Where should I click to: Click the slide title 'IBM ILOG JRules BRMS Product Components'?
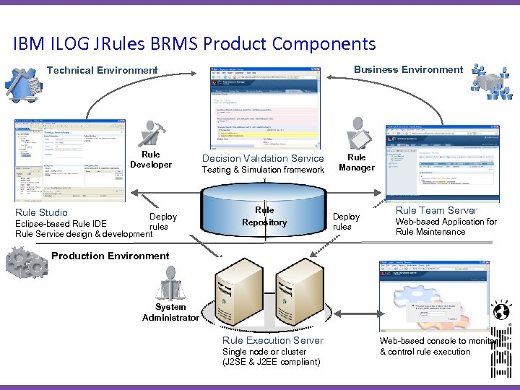pyautogui.click(x=194, y=43)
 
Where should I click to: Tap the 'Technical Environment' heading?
pyautogui.click(x=102, y=70)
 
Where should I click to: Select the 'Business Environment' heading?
pyautogui.click(x=408, y=69)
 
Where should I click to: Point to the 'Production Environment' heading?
pyautogui.click(x=110, y=256)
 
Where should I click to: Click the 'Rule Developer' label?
pyautogui.click(x=151, y=160)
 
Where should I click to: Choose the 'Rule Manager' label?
pyautogui.click(x=357, y=162)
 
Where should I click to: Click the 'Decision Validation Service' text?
pyautogui.click(x=263, y=158)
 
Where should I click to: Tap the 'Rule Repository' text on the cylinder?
pyautogui.click(x=264, y=217)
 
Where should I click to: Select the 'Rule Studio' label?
pyautogui.click(x=41, y=212)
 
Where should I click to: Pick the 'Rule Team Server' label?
pyautogui.click(x=436, y=210)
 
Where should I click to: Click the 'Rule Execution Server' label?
pyautogui.click(x=273, y=340)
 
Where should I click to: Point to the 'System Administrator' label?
pyautogui.click(x=170, y=312)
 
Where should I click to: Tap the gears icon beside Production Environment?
pyautogui.click(x=27, y=263)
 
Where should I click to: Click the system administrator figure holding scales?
pyautogui.click(x=170, y=282)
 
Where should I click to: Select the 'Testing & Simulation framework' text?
pyautogui.click(x=263, y=170)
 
